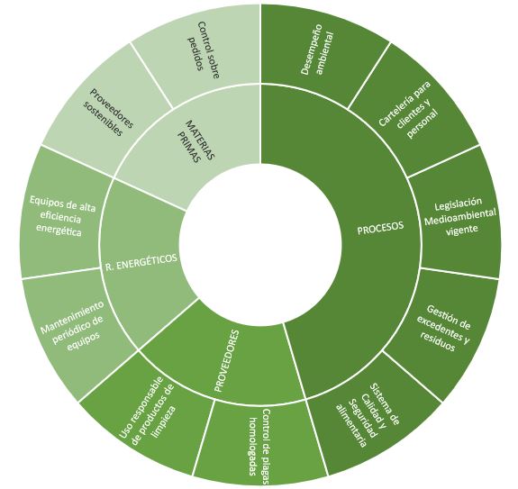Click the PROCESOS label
coord(380,228)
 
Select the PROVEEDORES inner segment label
coord(227,360)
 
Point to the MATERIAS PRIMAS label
coord(196,142)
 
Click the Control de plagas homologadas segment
coord(259,440)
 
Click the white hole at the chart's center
coord(260,244)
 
